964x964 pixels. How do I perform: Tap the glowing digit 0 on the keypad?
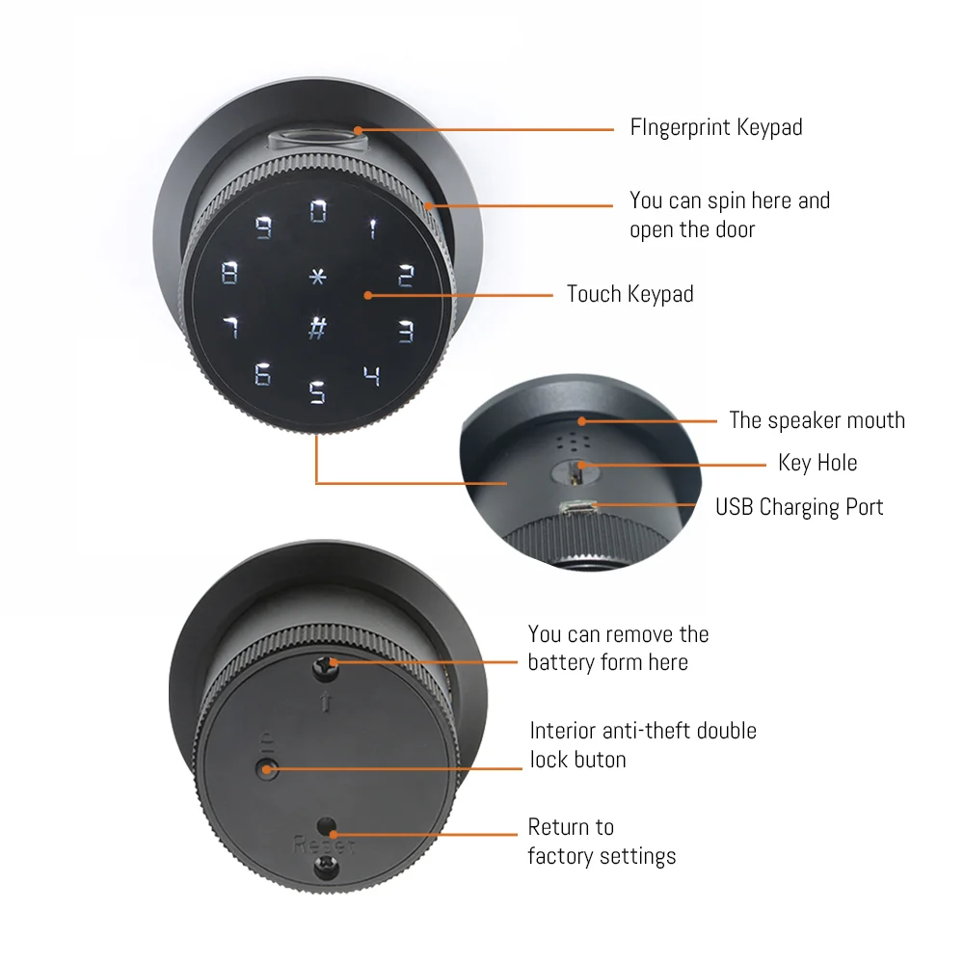point(318,211)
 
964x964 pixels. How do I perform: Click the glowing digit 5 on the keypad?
point(317,392)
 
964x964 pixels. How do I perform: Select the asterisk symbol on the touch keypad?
point(317,276)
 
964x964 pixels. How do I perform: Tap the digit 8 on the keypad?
point(229,273)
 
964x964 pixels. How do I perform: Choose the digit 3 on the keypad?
point(407,332)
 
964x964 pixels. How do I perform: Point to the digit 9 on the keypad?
point(263,228)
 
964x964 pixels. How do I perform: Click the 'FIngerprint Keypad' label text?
point(715,127)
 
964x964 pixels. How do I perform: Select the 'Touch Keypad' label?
point(629,294)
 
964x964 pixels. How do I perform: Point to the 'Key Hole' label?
point(817,463)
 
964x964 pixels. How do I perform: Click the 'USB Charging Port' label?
point(798,507)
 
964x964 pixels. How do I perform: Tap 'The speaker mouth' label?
point(817,420)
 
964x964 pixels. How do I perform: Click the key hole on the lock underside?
point(576,469)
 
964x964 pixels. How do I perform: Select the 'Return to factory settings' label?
point(601,841)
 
